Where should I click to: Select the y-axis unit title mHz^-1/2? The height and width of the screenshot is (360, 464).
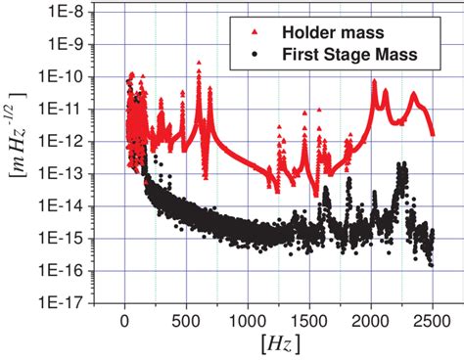pyautogui.click(x=17, y=157)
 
